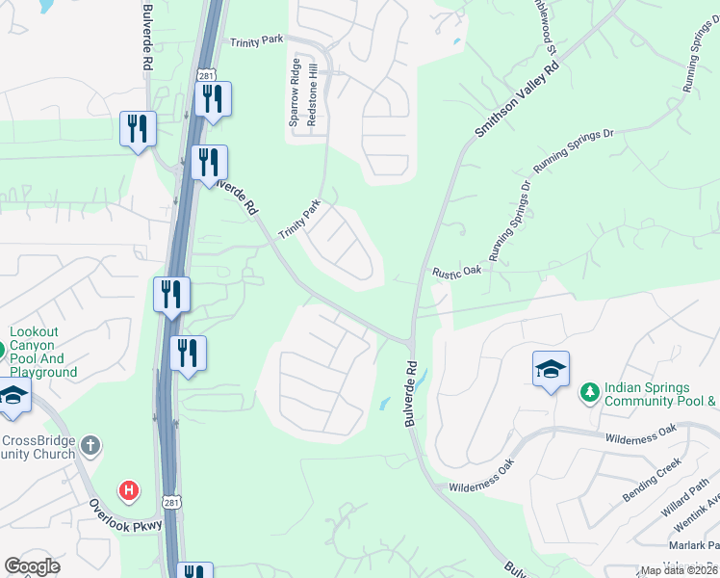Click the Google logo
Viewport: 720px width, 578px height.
coord(32,566)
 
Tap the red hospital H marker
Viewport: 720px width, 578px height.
coord(128,491)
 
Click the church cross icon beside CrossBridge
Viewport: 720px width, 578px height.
coord(90,445)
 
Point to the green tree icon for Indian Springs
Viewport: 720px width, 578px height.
coord(589,391)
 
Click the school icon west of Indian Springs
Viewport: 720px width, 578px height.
coord(551,370)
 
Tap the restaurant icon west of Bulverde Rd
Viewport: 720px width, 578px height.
coord(139,129)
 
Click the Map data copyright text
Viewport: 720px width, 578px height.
coord(679,570)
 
